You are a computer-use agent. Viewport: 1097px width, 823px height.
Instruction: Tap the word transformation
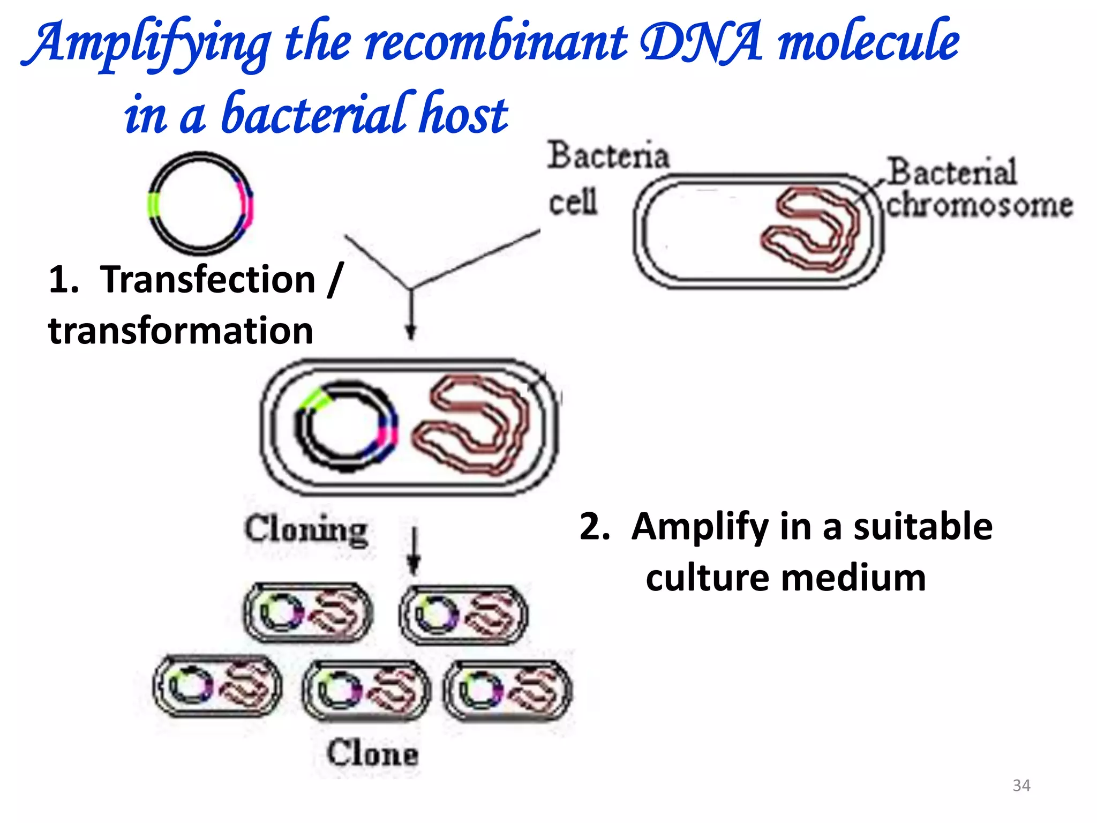coord(181,331)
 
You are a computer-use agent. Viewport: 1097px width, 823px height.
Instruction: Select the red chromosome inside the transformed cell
coord(471,426)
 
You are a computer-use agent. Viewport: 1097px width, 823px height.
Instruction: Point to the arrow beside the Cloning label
coord(413,552)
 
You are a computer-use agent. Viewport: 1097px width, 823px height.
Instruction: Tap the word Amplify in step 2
coord(700,527)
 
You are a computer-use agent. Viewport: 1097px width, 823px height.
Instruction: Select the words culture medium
coord(785,579)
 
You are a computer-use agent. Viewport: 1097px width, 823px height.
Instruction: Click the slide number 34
coord(1021,785)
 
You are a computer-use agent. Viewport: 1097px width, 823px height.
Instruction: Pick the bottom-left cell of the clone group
coord(217,686)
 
